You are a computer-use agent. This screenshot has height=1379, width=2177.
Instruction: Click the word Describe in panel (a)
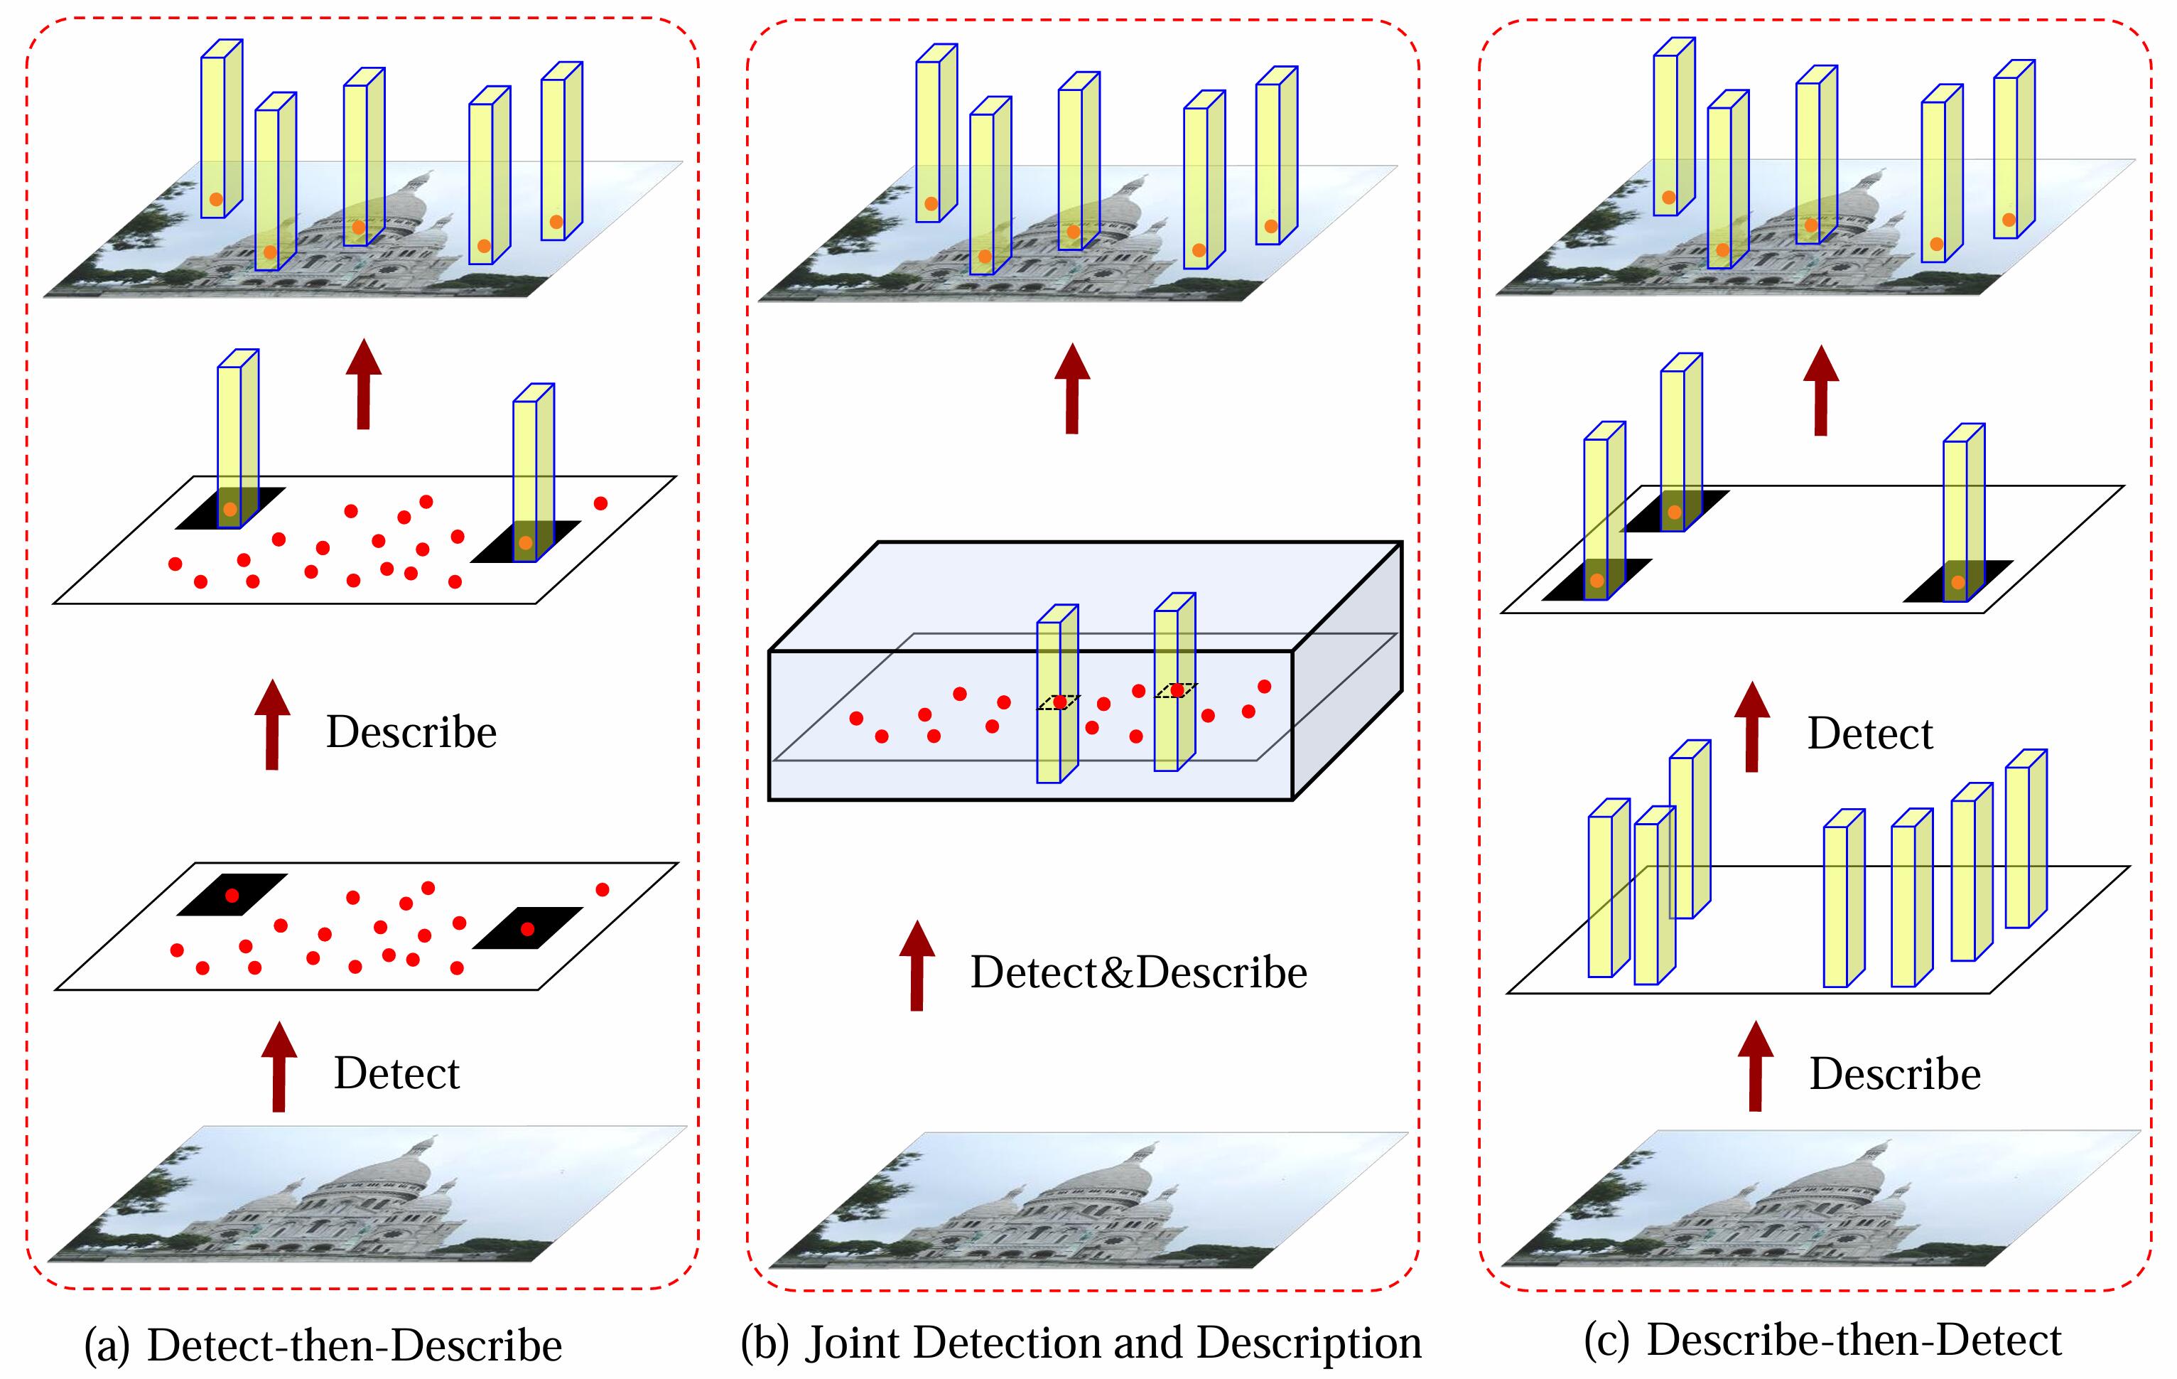(411, 731)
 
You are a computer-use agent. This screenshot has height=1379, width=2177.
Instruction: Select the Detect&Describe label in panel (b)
(1138, 972)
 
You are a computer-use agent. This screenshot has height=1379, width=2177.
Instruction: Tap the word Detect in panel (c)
(1869, 734)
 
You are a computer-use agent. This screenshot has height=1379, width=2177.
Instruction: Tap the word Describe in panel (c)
(1894, 1073)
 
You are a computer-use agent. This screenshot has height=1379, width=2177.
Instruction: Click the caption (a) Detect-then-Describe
(323, 1345)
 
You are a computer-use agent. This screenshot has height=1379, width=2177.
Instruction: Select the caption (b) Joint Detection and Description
(1081, 1342)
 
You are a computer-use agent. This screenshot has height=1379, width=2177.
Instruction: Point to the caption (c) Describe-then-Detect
(1822, 1339)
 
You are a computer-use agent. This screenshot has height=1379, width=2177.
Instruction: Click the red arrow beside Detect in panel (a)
(279, 1067)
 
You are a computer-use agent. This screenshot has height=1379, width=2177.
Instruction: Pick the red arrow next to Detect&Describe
(917, 966)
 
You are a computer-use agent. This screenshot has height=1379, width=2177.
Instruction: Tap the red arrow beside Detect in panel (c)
(1751, 727)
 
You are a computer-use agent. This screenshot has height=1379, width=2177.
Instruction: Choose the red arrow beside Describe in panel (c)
(1755, 1066)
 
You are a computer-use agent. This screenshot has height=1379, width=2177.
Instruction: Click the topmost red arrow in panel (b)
(1072, 389)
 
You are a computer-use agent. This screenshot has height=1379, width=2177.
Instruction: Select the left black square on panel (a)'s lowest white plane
(232, 894)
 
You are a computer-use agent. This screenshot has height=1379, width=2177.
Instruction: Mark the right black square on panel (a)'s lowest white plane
(527, 928)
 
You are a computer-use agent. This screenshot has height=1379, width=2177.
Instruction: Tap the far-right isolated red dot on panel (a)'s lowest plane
(602, 890)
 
